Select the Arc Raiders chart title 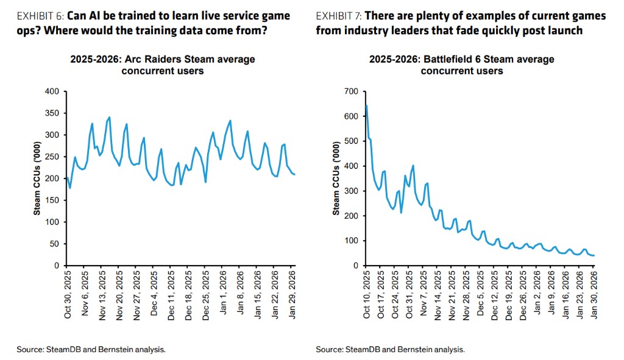click(x=162, y=65)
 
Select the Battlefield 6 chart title click(x=461, y=65)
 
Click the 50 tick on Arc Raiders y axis click(x=54, y=244)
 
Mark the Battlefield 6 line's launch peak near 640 click(x=366, y=105)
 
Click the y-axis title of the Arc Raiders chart click(x=37, y=178)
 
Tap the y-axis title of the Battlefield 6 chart click(x=336, y=178)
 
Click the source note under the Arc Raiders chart click(x=91, y=350)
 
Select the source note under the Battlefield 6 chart click(x=390, y=350)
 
